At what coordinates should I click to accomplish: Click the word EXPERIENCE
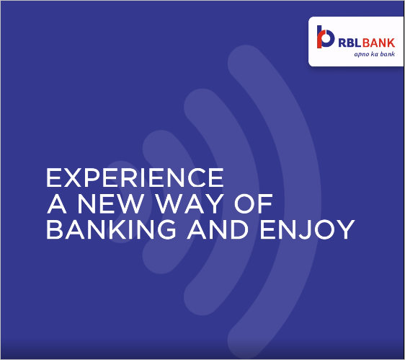(135, 177)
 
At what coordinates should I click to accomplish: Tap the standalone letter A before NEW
(57, 203)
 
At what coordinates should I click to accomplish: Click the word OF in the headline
(254, 203)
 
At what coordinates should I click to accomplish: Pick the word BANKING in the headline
(111, 229)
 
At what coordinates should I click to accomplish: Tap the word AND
(218, 229)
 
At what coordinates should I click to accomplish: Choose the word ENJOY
(308, 229)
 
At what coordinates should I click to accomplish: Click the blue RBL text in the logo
(350, 43)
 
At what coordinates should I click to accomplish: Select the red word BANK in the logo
(378, 43)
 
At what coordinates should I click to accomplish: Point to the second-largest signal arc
(241, 202)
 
